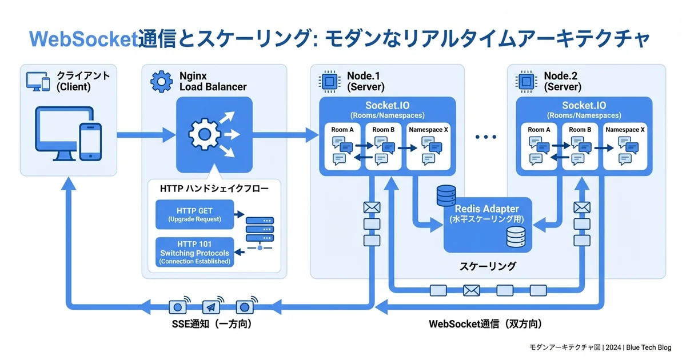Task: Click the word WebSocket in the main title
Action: (83, 39)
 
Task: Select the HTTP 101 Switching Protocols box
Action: (194, 252)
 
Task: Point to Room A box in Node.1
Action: (343, 146)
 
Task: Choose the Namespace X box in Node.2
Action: (626, 146)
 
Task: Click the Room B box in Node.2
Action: (581, 146)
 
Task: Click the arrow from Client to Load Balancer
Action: (146, 135)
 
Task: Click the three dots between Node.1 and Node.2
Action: (485, 137)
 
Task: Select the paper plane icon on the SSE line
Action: (212, 307)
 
